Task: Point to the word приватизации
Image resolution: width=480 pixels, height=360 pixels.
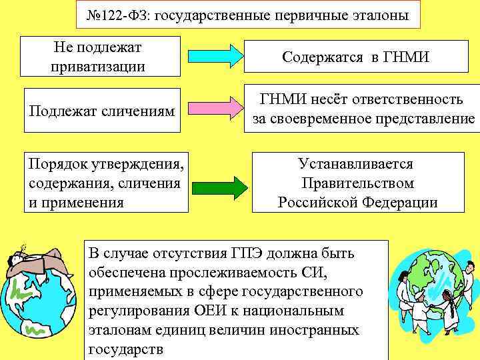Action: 98,67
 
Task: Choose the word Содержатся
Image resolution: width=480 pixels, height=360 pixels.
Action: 323,57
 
